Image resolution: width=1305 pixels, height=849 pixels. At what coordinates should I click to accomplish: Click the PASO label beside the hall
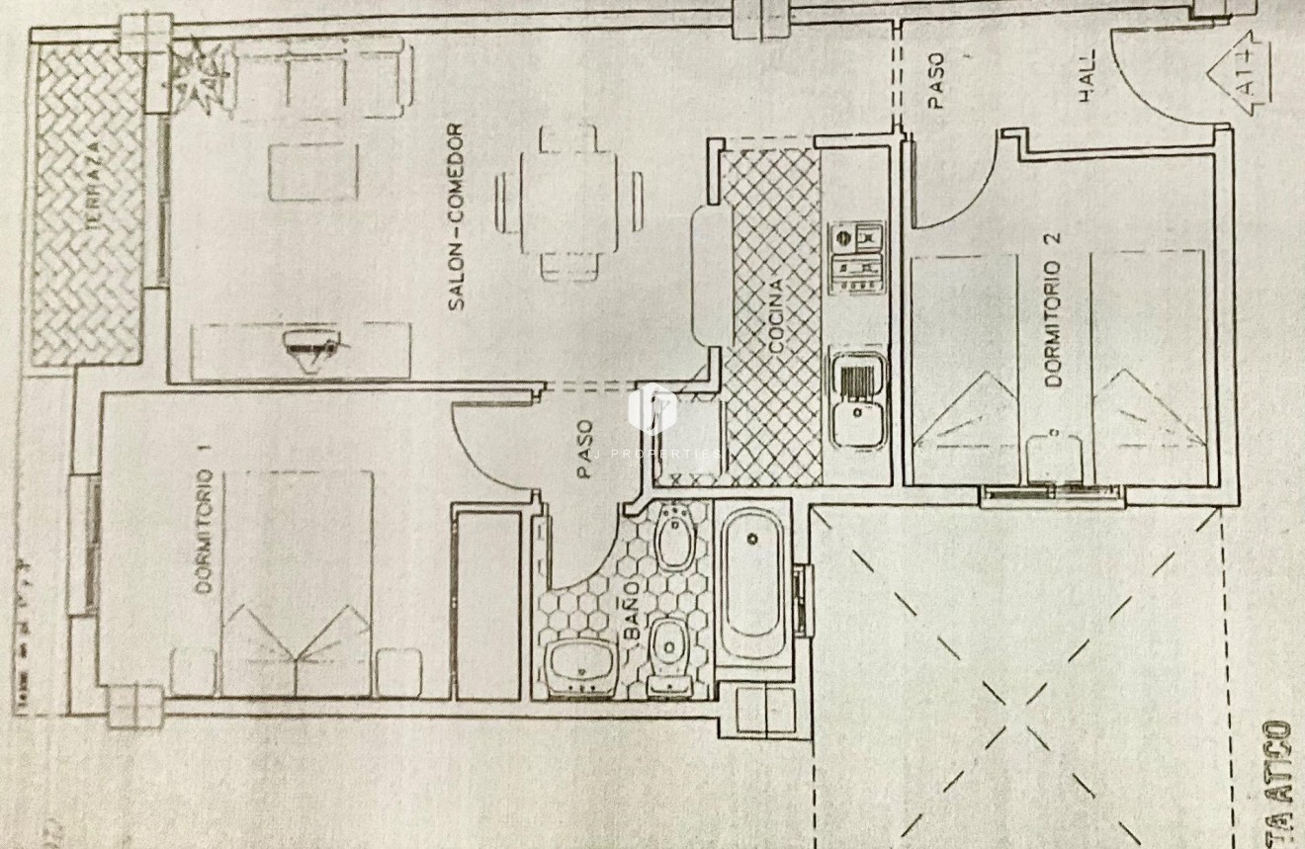coord(935,80)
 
